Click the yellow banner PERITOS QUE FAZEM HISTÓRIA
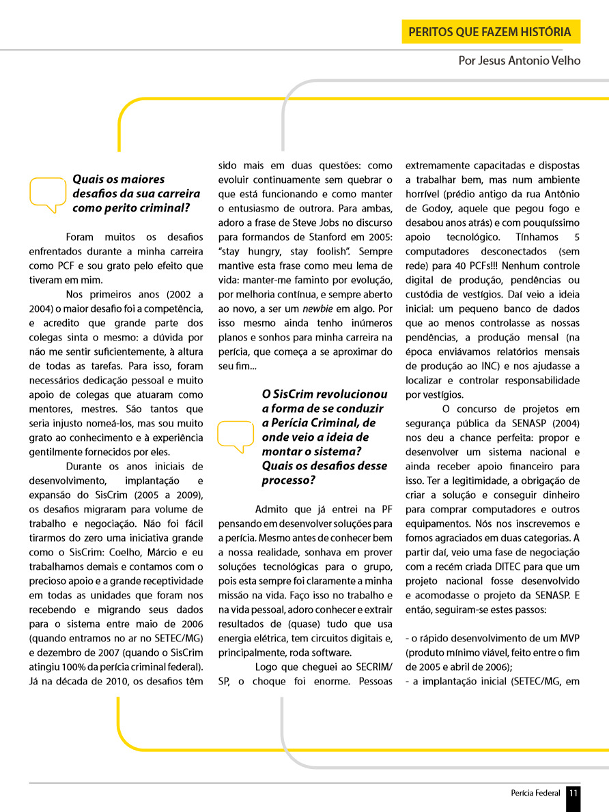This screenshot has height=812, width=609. tap(490, 32)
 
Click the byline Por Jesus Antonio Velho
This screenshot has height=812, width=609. tap(520, 61)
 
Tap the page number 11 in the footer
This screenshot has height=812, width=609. tap(573, 793)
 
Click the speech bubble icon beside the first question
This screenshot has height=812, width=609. tap(48, 194)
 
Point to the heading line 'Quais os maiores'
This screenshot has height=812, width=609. tap(119, 179)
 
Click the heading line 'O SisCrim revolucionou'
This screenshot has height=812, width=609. tap(324, 394)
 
